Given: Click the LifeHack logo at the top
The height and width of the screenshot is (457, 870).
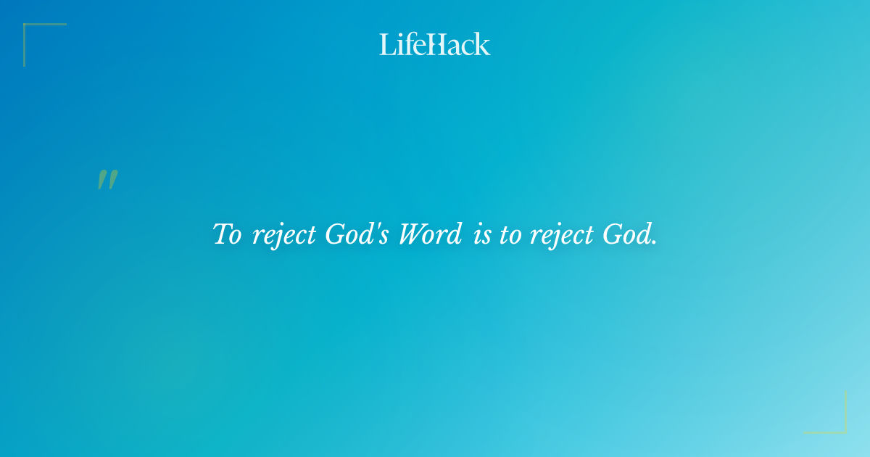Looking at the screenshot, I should click(435, 44).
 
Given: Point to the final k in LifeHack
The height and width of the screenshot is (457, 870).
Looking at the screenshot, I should click(483, 44).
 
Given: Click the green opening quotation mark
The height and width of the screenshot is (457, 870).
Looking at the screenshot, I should click(107, 180).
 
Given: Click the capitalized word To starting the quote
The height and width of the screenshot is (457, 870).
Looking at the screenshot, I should click(227, 235).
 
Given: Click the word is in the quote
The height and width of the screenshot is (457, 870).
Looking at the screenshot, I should click(481, 236).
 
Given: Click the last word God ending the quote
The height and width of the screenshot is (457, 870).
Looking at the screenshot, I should click(628, 235).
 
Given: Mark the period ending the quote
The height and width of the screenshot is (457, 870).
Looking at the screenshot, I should click(654, 243).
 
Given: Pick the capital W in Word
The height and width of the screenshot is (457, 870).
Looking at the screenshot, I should click(413, 235).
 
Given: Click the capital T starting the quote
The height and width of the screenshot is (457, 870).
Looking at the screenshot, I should click(222, 234).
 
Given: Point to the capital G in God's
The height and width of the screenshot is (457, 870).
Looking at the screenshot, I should click(335, 235).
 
